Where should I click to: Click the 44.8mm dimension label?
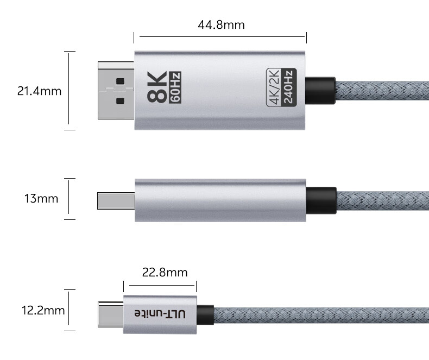221,25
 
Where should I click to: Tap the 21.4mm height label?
40,91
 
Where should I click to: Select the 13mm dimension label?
41,199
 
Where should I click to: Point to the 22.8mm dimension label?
165,273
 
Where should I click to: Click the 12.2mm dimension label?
43,311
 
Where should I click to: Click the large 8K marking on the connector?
157,87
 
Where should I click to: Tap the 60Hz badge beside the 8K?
175,87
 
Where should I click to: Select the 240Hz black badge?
289,87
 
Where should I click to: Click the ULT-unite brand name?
160,313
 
